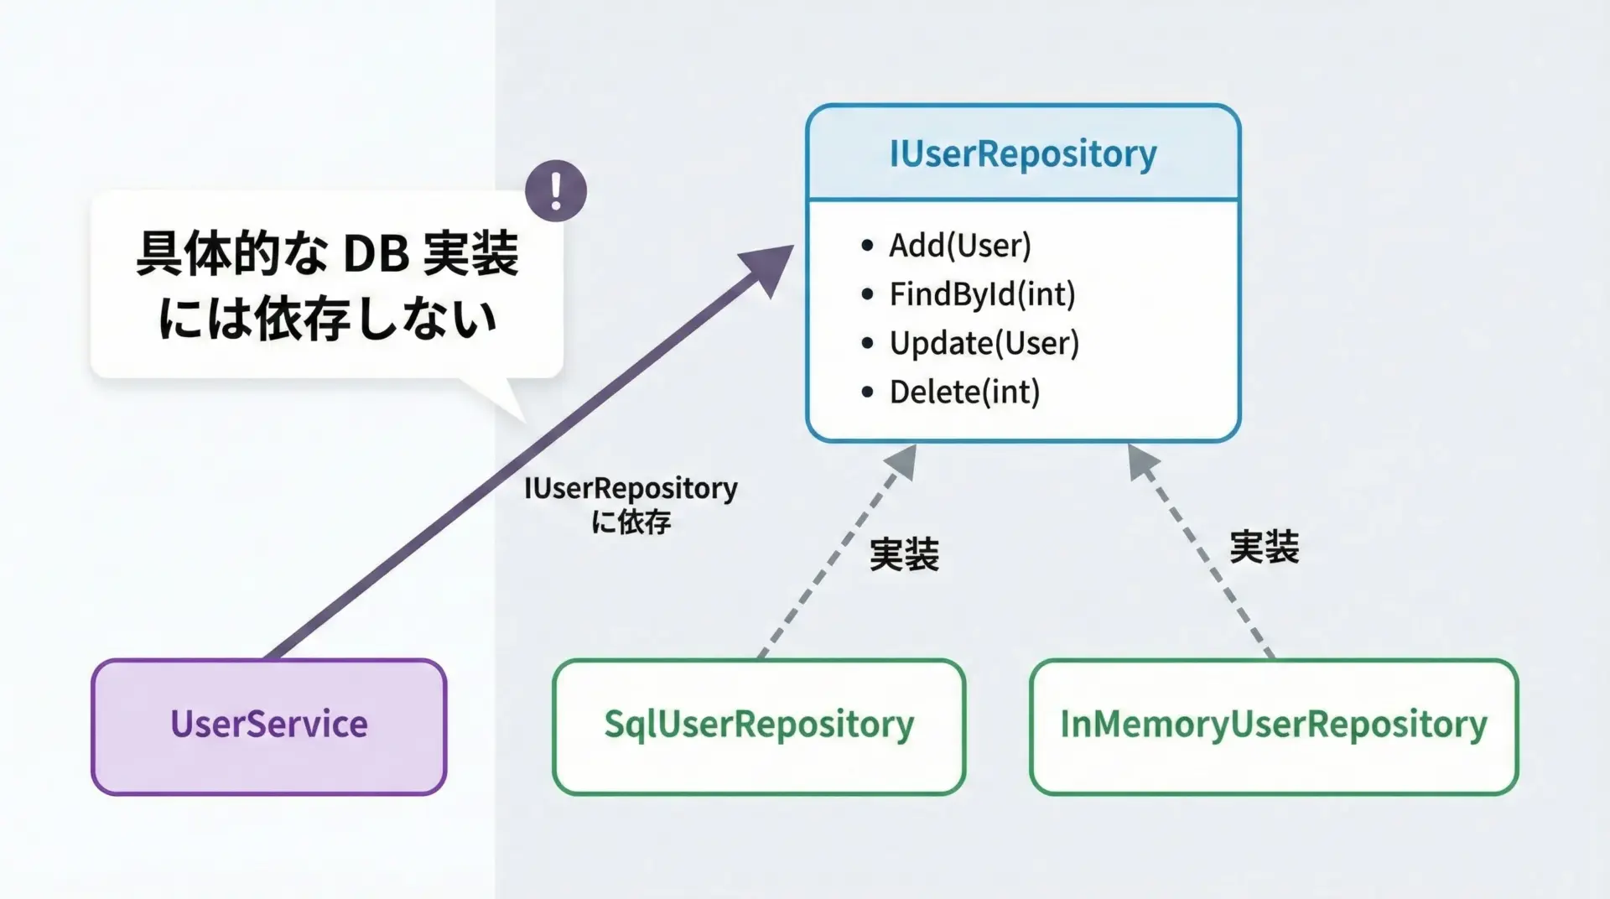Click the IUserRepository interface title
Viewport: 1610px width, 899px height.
pos(1022,153)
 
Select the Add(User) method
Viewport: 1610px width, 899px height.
pos(960,246)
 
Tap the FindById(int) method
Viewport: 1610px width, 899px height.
pos(982,294)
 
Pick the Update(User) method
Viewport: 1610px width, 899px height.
pos(984,343)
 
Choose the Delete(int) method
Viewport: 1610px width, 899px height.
pos(964,392)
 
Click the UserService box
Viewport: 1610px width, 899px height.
pos(268,725)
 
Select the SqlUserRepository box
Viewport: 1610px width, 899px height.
pos(759,725)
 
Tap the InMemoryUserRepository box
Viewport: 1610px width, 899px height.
pos(1273,725)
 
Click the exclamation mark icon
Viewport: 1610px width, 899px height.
pos(556,191)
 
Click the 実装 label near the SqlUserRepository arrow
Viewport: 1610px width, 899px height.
pos(904,554)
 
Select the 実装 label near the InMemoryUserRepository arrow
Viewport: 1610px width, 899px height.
pos(1264,547)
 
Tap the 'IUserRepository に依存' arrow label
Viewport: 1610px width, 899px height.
pos(631,504)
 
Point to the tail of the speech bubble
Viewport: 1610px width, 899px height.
pos(507,401)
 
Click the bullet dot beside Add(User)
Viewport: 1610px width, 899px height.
pos(867,246)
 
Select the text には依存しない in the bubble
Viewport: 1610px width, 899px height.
pos(327,320)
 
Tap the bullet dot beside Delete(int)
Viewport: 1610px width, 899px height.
pos(867,392)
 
